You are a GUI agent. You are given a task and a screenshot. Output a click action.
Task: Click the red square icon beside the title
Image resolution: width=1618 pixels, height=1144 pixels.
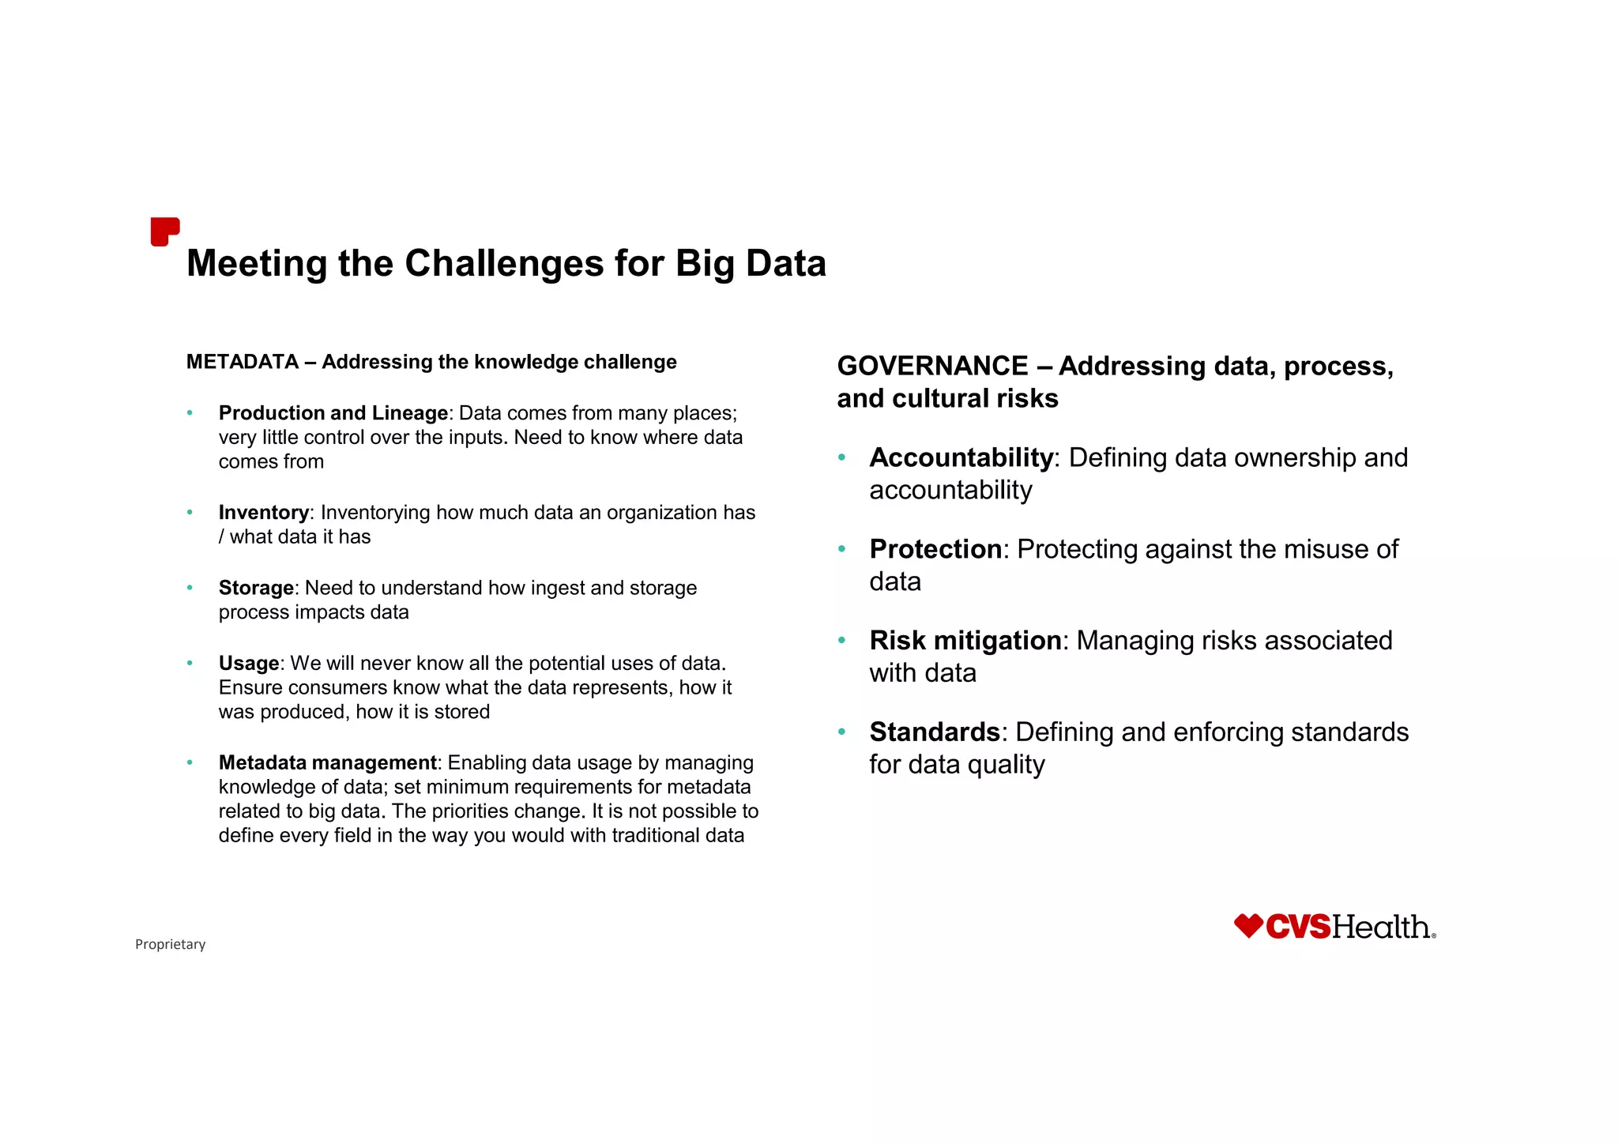(164, 231)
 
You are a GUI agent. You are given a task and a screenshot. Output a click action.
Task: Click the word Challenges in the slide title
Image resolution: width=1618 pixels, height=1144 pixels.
(504, 264)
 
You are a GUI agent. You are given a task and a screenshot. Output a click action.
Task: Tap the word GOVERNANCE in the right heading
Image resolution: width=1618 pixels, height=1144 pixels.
(932, 366)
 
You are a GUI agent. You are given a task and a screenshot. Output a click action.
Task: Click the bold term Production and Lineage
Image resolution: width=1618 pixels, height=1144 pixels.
(333, 413)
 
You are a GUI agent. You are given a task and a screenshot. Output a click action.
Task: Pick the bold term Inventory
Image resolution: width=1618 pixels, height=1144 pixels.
(264, 513)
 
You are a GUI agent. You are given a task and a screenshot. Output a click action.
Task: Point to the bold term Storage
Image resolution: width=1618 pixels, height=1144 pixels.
(256, 588)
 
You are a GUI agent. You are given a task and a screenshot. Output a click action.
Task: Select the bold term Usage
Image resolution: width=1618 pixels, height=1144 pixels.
(249, 663)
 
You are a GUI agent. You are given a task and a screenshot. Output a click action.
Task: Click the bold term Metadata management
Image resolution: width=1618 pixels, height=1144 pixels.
(327, 762)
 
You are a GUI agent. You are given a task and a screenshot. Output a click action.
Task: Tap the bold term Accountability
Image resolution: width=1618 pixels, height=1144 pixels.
(961, 457)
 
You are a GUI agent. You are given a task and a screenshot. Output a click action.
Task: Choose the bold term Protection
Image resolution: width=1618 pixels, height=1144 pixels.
(935, 549)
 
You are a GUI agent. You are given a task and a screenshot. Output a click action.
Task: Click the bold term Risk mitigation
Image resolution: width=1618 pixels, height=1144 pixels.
(965, 641)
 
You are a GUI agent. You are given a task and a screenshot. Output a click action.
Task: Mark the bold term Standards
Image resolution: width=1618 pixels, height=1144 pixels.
(935, 732)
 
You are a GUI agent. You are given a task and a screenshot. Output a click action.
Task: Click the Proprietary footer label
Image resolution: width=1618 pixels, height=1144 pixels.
(170, 944)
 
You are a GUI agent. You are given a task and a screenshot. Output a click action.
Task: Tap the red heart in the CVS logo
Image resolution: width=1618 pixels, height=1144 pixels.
(1248, 926)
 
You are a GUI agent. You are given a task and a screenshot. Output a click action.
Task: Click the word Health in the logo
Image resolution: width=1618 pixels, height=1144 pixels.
(1381, 927)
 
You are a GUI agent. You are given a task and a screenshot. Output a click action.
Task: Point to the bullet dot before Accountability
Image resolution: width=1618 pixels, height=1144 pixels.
(842, 457)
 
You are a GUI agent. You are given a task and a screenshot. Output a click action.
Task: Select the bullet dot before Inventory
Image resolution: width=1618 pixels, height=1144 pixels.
(190, 513)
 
